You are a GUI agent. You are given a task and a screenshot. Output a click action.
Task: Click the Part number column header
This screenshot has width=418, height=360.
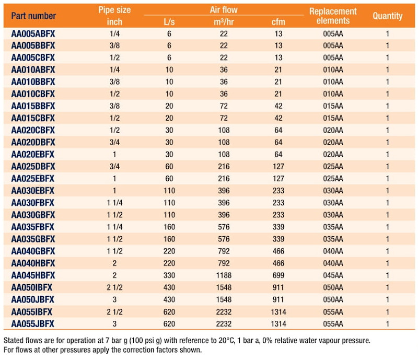pyautogui.click(x=33, y=16)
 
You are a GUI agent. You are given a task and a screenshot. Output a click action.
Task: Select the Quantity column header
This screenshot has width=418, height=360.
pyautogui.click(x=387, y=16)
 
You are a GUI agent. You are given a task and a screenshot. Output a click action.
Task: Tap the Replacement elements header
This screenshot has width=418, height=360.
pyautogui.click(x=333, y=16)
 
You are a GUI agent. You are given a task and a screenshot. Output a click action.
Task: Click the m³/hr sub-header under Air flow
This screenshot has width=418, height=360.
pyautogui.click(x=224, y=21)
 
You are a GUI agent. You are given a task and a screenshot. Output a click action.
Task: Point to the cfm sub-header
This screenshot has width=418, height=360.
pyautogui.click(x=278, y=22)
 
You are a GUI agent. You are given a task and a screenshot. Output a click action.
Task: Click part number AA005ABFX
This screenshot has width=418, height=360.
pyautogui.click(x=33, y=33)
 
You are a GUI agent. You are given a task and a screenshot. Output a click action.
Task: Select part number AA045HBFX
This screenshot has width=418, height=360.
pyautogui.click(x=33, y=275)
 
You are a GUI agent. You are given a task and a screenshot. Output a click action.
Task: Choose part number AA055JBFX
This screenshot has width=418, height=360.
pyautogui.click(x=33, y=324)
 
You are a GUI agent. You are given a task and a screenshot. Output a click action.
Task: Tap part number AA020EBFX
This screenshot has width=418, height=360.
pyautogui.click(x=33, y=155)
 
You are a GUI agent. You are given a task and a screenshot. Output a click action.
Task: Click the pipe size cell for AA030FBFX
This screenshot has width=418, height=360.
pyautogui.click(x=114, y=203)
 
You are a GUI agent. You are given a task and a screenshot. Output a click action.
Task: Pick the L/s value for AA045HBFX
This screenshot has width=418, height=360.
pyautogui.click(x=169, y=275)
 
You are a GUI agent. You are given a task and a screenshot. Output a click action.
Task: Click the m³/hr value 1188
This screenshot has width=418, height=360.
pyautogui.click(x=224, y=275)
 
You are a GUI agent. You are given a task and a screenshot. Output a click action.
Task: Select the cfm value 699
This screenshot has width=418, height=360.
pyautogui.click(x=278, y=275)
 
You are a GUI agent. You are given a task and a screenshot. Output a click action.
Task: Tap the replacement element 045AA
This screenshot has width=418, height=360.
pyautogui.click(x=333, y=275)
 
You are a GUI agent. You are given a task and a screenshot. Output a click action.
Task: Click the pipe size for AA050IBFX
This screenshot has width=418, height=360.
pyautogui.click(x=114, y=287)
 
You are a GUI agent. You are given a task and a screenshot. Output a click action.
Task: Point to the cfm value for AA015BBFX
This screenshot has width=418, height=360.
pyautogui.click(x=278, y=106)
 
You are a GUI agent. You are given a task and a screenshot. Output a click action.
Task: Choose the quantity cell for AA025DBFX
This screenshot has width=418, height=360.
pyautogui.click(x=387, y=166)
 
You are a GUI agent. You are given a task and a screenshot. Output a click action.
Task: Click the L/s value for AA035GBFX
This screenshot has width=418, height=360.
pyautogui.click(x=169, y=239)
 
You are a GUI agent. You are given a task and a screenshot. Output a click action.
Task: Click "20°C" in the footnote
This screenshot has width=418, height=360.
pyautogui.click(x=226, y=341)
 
